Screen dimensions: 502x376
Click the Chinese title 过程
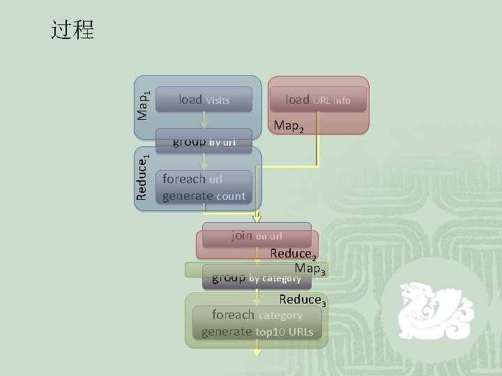point(73,30)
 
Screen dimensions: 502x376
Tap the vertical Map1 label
point(142,104)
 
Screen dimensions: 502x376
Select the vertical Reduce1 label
point(142,178)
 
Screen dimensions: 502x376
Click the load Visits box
point(204,100)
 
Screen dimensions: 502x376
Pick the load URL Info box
point(318,100)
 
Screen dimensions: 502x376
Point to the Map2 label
point(289,127)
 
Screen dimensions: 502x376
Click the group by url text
point(204,142)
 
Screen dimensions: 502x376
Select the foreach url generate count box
point(204,187)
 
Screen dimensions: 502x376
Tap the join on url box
point(257,235)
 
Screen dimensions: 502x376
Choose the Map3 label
point(310,269)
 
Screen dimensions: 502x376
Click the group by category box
point(257,278)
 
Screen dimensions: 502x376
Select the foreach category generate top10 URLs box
point(257,323)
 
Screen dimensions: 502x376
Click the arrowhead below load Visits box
point(204,125)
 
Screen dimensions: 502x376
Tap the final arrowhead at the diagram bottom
point(257,352)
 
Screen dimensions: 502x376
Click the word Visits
point(218,100)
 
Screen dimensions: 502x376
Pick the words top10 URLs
point(284,332)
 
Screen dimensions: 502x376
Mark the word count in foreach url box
point(231,196)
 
